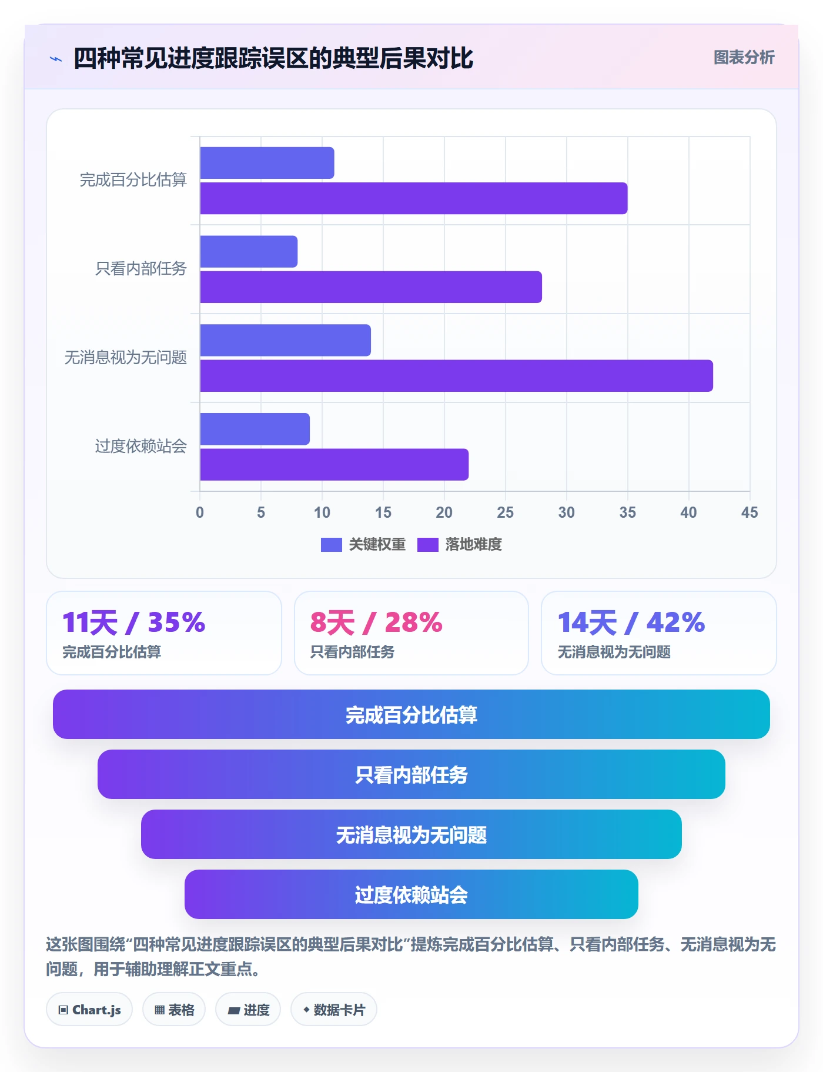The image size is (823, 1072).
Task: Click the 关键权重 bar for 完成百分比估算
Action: [x=267, y=163]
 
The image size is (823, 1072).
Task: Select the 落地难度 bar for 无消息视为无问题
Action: [x=456, y=376]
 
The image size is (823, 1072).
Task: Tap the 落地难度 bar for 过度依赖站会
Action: [x=334, y=465]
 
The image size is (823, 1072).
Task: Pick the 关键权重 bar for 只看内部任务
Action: [x=249, y=252]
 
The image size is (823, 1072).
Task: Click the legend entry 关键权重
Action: [x=363, y=545]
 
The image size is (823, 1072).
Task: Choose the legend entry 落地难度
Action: [x=460, y=545]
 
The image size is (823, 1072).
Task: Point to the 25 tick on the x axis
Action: [x=506, y=512]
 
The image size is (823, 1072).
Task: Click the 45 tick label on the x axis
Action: [x=750, y=512]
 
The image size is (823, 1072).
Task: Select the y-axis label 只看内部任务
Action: [x=141, y=269]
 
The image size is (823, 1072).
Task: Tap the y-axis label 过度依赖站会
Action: [x=141, y=447]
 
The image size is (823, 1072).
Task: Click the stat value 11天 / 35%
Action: [x=134, y=622]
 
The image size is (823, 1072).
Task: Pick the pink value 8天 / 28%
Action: [x=376, y=622]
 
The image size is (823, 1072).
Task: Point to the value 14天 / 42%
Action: [x=631, y=622]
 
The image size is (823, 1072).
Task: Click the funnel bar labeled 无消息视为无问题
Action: [x=411, y=834]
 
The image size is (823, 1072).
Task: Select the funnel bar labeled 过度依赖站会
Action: [x=411, y=894]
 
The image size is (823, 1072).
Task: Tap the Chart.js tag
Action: [x=89, y=1010]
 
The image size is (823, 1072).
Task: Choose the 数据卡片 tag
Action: [x=334, y=1010]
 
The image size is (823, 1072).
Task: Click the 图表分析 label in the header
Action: [x=744, y=58]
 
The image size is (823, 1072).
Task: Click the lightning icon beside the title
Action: [x=56, y=59]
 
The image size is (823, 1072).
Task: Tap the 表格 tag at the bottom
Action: [x=174, y=1010]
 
